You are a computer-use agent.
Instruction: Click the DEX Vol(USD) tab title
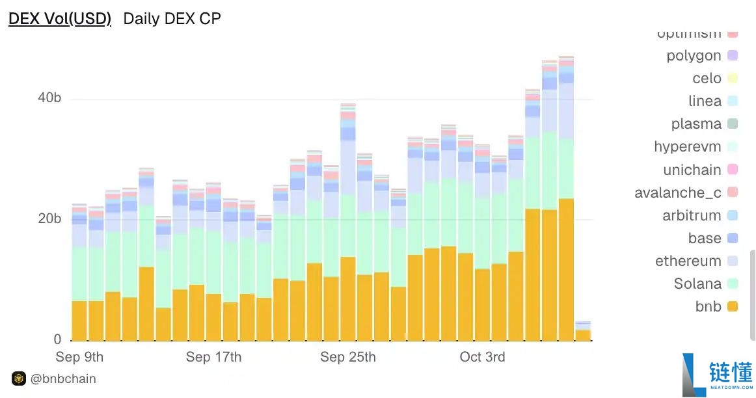click(x=59, y=19)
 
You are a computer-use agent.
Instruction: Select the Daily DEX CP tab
click(x=172, y=19)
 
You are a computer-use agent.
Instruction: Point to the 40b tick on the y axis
click(x=49, y=98)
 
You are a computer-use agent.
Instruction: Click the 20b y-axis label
click(x=49, y=219)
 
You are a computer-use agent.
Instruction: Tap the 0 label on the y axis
click(x=57, y=339)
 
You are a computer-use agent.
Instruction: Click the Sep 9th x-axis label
click(x=79, y=357)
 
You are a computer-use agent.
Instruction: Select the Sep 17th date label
click(x=213, y=357)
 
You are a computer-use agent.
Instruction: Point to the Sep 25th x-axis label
click(x=348, y=357)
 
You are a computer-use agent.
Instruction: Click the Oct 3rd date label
click(x=482, y=357)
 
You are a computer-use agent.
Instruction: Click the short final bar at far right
click(x=583, y=331)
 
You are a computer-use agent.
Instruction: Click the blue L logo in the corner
click(x=694, y=375)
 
